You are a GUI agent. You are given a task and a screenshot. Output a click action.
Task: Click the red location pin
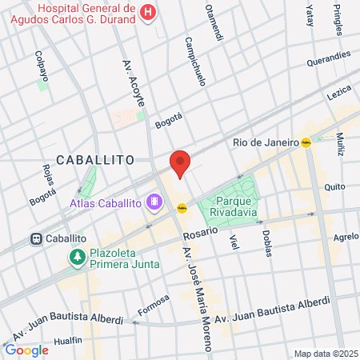(180, 162)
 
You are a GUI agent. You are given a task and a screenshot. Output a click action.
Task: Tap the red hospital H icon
(148, 12)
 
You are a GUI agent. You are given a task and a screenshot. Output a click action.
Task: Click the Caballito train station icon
(36, 238)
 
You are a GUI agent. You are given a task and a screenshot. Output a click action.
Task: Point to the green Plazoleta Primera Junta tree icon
(78, 258)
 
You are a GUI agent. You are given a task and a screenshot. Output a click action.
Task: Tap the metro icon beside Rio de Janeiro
(306, 142)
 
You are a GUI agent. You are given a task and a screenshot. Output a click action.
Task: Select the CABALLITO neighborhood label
(95, 160)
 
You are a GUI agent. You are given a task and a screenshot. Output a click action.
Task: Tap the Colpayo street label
(41, 67)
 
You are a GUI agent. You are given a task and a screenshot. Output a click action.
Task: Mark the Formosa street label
(153, 303)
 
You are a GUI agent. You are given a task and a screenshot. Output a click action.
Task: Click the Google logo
(26, 350)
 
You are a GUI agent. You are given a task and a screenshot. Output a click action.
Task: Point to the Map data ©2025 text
(326, 354)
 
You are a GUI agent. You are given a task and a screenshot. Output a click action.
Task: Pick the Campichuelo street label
(197, 62)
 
